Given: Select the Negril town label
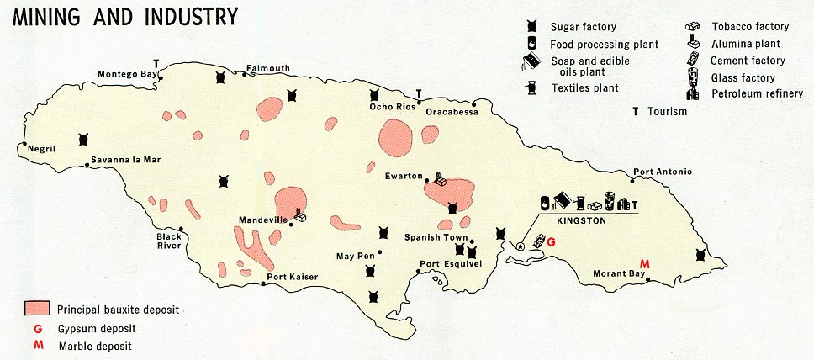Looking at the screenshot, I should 41,149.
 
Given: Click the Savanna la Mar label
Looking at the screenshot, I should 126,160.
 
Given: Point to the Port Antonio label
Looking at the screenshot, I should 663,172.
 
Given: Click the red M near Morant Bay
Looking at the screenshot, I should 646,263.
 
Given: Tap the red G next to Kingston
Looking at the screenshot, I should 552,242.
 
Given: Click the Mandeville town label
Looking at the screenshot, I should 263,220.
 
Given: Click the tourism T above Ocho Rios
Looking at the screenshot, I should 419,93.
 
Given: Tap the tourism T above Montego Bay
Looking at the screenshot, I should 156,63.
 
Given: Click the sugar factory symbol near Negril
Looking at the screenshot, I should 82,139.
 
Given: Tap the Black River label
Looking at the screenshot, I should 169,241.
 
